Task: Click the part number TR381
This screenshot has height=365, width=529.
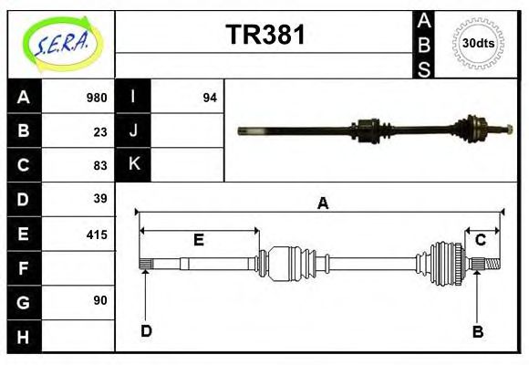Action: click(x=264, y=36)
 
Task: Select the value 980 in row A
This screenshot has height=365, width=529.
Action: click(x=96, y=98)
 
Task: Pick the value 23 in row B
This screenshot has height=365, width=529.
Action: click(x=99, y=131)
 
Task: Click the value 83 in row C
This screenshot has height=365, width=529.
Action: click(x=99, y=165)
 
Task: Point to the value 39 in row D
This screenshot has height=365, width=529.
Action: click(x=99, y=199)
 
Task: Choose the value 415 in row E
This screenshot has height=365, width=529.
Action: click(x=96, y=234)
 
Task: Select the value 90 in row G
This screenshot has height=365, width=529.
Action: click(x=99, y=301)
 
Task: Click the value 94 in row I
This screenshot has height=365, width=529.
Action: click(x=209, y=98)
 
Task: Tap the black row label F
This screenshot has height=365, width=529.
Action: click(x=24, y=268)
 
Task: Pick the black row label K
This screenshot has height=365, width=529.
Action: click(x=133, y=164)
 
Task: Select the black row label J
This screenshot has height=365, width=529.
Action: click(x=133, y=130)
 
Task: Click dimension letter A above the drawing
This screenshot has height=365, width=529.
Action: click(x=322, y=203)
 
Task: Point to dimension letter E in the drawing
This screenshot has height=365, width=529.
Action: click(x=198, y=240)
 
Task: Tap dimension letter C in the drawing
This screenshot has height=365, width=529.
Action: click(x=480, y=240)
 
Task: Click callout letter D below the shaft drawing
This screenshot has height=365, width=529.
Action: click(x=146, y=330)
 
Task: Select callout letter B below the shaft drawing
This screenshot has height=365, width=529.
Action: click(x=477, y=331)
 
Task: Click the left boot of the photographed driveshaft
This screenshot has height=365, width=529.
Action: click(x=367, y=129)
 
